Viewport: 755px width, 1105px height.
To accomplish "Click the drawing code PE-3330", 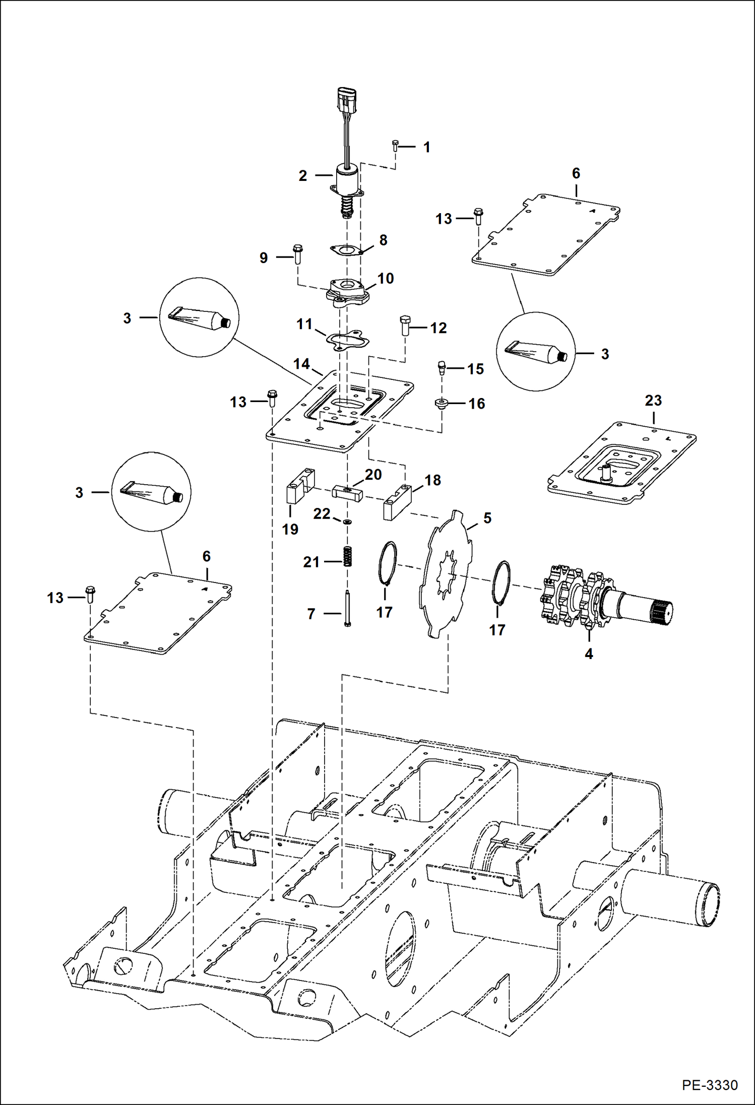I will pyautogui.click(x=710, y=1084).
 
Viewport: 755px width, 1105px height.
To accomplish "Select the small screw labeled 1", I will pyautogui.click(x=395, y=146).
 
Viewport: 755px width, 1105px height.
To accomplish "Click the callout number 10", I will pyautogui.click(x=386, y=278).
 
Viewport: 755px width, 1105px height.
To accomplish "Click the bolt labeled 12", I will pyautogui.click(x=405, y=326).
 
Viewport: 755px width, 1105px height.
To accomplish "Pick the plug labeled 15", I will pyautogui.click(x=442, y=368).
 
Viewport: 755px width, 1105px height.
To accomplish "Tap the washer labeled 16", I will pyautogui.click(x=442, y=403).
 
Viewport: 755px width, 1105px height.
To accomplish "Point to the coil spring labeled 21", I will pyautogui.click(x=347, y=556).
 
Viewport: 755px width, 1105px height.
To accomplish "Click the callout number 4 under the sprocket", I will pyautogui.click(x=588, y=654).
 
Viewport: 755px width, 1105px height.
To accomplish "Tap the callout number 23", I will pyautogui.click(x=653, y=400).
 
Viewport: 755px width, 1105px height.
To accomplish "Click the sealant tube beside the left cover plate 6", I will pyautogui.click(x=151, y=492).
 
